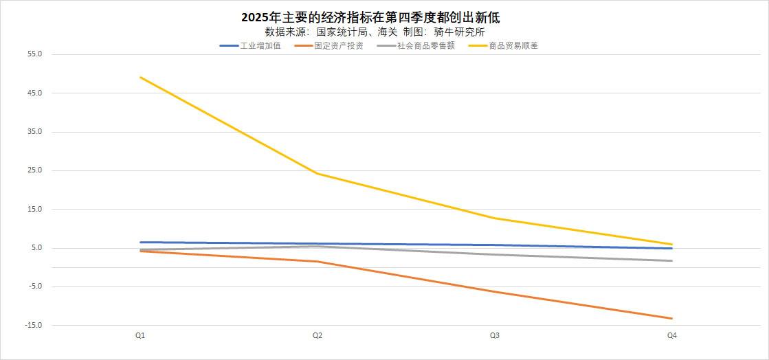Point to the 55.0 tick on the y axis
pos(34,54)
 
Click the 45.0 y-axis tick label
pos(34,93)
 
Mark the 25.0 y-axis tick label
pos(34,170)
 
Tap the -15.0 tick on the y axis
pos(33,326)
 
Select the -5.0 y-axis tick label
pos(34,286)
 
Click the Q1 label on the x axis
pos(140,335)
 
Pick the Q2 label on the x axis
pos(317,335)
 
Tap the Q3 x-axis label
pos(495,335)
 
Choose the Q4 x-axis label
pos(672,335)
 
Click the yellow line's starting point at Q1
pos(140,77)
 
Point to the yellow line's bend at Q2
pos(317,173)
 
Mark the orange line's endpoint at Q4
pos(671,318)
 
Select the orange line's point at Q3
pos(495,291)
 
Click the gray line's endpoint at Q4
pos(671,260)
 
